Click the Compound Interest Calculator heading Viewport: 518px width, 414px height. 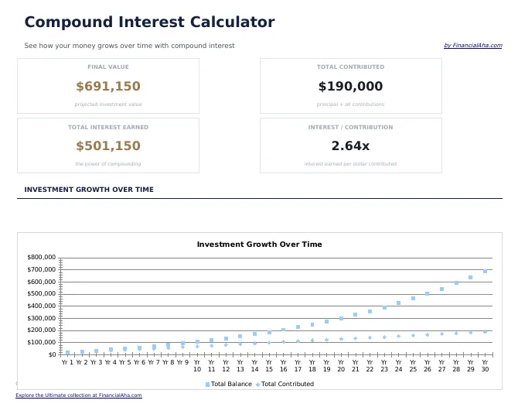(149, 22)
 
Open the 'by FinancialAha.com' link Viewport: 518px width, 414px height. (472, 46)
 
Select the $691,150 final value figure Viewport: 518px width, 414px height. (108, 87)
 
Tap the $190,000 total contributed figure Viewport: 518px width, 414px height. (350, 87)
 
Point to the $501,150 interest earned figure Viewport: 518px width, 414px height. (108, 146)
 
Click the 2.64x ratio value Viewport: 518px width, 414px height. (350, 146)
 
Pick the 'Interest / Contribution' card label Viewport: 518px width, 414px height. (350, 127)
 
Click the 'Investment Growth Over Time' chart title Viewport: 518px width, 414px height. (259, 245)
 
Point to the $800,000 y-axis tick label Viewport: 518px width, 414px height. (42, 257)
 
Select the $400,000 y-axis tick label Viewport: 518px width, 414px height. (42, 306)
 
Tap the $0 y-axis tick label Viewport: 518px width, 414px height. (52, 354)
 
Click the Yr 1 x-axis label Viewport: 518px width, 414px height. (67, 362)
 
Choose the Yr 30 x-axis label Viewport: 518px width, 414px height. (485, 365)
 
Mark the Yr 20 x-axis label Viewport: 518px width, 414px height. (341, 365)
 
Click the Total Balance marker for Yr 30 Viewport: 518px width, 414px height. (485, 272)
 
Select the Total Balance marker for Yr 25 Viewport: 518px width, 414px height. (413, 298)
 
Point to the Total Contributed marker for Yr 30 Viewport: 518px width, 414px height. (485, 331)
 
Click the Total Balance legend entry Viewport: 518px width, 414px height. (229, 384)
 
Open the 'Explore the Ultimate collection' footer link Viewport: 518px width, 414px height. (79, 395)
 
